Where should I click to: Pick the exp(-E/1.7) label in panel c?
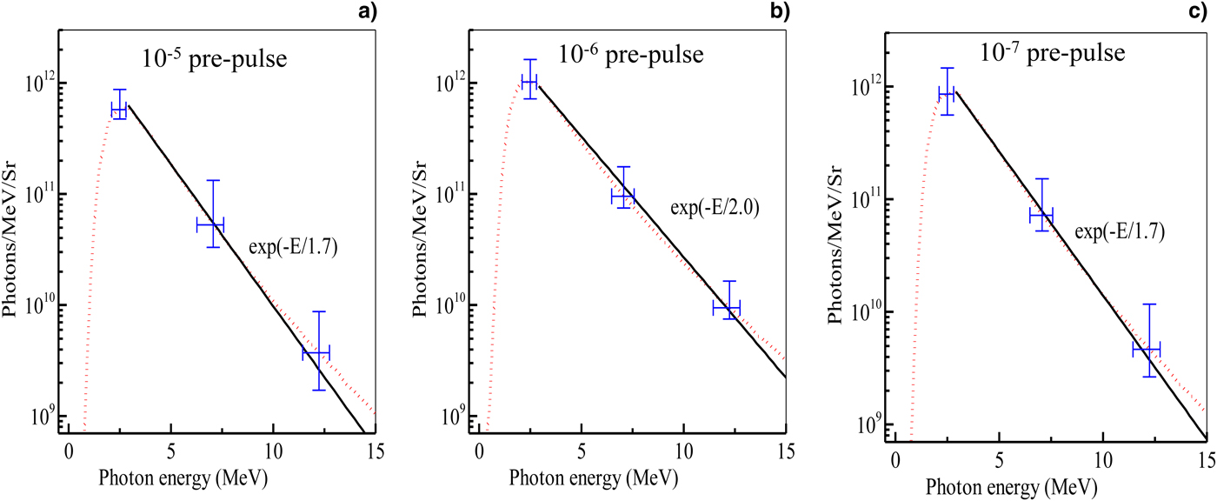(1120, 232)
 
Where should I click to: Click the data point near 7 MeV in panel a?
(210, 224)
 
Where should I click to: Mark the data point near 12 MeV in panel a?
(316, 352)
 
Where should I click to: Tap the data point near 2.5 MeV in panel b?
(529, 83)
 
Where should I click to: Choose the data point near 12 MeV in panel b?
(726, 307)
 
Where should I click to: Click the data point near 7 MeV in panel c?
(1041, 214)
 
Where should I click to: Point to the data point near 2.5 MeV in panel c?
(946, 93)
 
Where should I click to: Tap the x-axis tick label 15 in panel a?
(376, 451)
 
